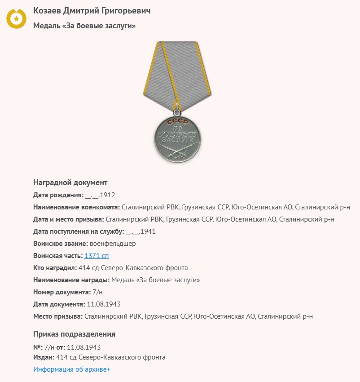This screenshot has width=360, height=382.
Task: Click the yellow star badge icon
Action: pyautogui.click(x=16, y=18)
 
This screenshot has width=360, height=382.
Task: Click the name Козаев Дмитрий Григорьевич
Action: pyautogui.click(x=92, y=11)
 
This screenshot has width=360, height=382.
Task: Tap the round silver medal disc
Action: pyautogui.click(x=178, y=137)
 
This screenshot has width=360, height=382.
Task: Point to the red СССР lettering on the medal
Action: pyautogui.click(x=178, y=122)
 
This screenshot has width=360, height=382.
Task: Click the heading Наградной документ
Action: pyautogui.click(x=70, y=182)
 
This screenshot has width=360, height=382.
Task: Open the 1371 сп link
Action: pyautogui.click(x=97, y=256)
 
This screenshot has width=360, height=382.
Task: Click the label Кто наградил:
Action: pyautogui.click(x=55, y=268)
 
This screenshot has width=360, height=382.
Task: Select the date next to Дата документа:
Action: pyautogui.click(x=104, y=304)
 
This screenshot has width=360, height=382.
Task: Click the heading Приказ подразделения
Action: pyautogui.click(x=74, y=334)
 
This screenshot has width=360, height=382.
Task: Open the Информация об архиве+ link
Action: pyautogui.click(x=72, y=369)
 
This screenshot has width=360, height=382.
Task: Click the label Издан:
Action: pyautogui.click(x=44, y=357)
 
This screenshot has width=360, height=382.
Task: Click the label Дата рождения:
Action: pyautogui.click(x=58, y=195)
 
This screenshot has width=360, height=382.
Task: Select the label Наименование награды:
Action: pyautogui.click(x=71, y=280)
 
